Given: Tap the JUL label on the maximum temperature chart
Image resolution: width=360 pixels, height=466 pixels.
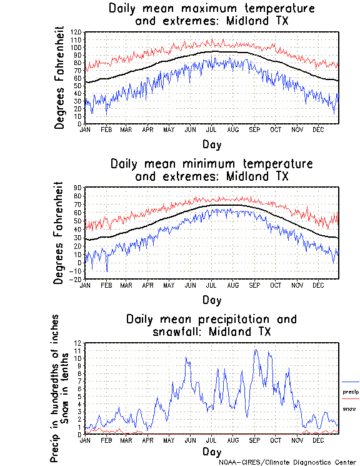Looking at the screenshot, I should coord(211,129).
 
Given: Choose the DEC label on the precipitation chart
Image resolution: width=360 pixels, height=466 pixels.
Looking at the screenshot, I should coord(319,440).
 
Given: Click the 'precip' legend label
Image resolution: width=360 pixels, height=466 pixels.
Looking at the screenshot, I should coord(351,392).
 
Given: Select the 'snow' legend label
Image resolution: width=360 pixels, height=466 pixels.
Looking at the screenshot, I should coord(349,408).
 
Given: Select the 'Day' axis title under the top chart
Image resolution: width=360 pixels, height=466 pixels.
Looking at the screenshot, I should coord(211,144).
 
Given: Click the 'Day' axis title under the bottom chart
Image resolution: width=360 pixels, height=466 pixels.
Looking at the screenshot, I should coord(211,451).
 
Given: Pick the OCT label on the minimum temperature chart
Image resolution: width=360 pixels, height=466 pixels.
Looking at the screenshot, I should coord(276,285).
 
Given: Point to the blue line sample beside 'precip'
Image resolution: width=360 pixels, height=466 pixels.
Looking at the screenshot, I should coord(351,382).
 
